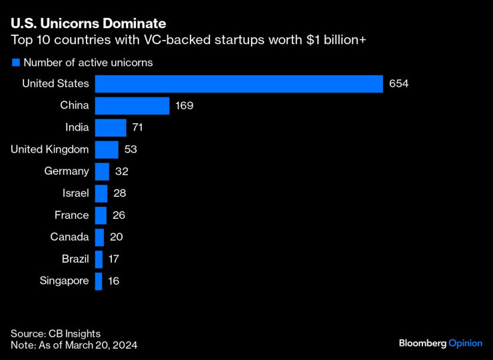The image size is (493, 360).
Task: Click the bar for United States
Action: click(239, 83)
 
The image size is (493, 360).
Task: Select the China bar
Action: click(133, 105)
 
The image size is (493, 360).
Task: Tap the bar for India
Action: click(111, 127)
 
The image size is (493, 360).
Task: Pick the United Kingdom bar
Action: click(107, 149)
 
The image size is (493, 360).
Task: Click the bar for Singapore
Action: click(99, 281)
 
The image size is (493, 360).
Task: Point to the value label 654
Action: click(399, 84)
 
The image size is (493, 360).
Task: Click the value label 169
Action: click(185, 106)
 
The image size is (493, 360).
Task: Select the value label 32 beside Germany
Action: click(121, 171)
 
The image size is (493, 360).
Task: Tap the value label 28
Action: click(120, 193)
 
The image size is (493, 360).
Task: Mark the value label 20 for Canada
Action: click(117, 237)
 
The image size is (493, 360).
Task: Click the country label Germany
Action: click(67, 171)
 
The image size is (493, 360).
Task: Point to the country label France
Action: click(71, 215)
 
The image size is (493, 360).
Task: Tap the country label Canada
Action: click(69, 237)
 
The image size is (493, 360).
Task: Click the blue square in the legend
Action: click(15, 63)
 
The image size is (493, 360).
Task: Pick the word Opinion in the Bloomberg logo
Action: click(464, 343)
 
